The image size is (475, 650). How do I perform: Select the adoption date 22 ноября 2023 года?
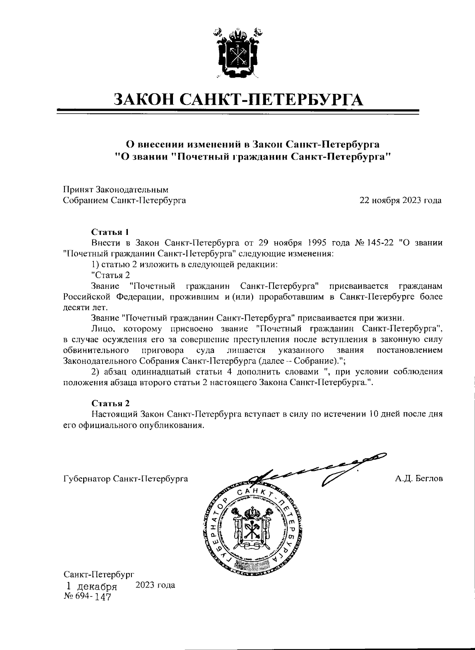pyautogui.click(x=400, y=200)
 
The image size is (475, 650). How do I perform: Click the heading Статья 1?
pyautogui.click(x=110, y=232)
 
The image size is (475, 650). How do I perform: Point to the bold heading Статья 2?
pyautogui.click(x=110, y=403)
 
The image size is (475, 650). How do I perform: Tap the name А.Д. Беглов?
pyautogui.click(x=419, y=478)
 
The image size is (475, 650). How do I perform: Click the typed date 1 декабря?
pyautogui.click(x=92, y=586)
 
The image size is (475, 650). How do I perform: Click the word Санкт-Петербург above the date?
pyautogui.click(x=99, y=574)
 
